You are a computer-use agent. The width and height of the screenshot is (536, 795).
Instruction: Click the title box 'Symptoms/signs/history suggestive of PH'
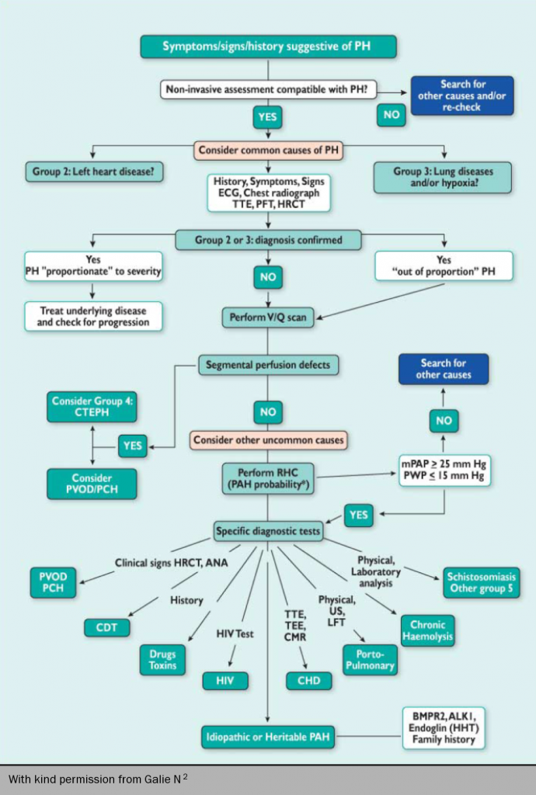click(268, 47)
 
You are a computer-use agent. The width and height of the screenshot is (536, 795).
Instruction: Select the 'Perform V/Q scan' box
click(268, 318)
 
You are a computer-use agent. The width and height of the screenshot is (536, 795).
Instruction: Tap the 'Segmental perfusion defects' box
click(268, 364)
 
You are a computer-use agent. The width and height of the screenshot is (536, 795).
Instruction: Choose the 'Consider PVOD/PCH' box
click(92, 484)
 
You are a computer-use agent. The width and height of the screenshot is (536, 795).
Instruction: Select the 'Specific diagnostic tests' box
click(268, 532)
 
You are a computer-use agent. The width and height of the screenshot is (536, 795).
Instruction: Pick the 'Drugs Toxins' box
click(162, 660)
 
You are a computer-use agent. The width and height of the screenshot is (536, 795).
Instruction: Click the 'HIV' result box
click(225, 681)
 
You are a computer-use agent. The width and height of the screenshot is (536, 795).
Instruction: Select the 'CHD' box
click(309, 681)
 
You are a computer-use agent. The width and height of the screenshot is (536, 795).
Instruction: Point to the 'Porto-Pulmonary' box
click(370, 660)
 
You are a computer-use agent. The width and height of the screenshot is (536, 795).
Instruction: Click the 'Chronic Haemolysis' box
click(427, 630)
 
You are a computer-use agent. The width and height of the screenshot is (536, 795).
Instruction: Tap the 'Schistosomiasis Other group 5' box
click(482, 582)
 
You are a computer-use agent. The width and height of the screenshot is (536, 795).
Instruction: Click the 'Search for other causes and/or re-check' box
click(461, 95)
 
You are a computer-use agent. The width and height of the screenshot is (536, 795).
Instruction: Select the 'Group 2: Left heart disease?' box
click(93, 172)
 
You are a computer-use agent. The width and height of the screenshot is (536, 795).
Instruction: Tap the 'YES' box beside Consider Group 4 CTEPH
click(134, 446)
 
